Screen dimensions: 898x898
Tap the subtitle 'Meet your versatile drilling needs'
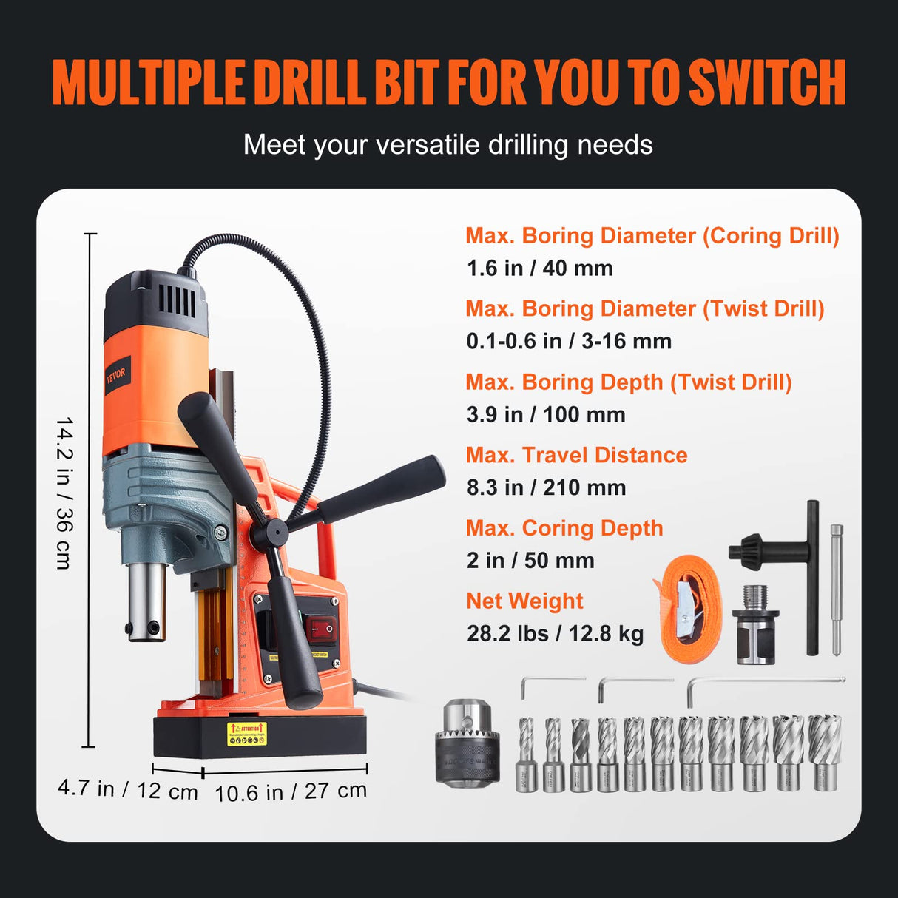tap(448, 145)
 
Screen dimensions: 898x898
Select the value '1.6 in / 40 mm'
tap(539, 268)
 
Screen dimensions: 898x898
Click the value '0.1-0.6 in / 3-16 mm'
tap(569, 341)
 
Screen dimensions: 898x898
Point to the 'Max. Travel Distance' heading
tap(576, 455)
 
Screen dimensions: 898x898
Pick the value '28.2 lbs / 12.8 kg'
tap(555, 633)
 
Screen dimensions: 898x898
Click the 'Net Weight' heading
tap(524, 601)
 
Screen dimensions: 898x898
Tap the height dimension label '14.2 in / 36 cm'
tap(64, 493)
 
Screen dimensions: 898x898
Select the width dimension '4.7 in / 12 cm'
tap(127, 789)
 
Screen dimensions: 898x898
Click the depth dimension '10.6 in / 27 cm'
tap(290, 791)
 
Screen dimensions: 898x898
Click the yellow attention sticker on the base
tap(246, 734)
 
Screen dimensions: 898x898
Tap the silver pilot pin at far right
tap(837, 589)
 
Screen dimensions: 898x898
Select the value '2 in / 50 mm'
tap(530, 560)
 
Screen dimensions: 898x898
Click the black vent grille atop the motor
tap(177, 300)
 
